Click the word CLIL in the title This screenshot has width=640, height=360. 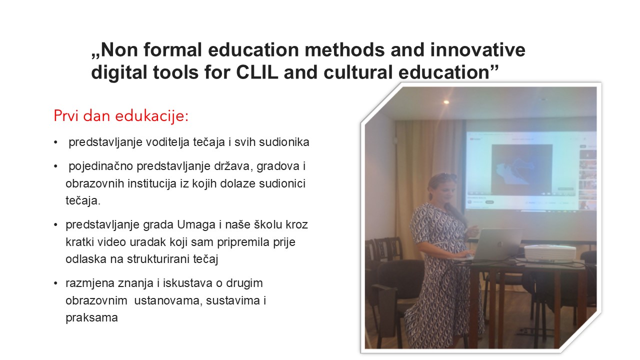[257, 72]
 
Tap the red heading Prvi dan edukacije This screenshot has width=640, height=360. [121, 116]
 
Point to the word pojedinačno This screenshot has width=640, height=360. [101, 166]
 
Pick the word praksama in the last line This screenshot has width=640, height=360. [91, 317]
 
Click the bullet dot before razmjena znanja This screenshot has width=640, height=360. [55, 283]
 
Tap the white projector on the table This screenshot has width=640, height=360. [549, 253]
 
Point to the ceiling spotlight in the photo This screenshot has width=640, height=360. [446, 102]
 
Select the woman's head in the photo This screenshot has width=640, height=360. [441, 187]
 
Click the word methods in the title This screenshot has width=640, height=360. [344, 49]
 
